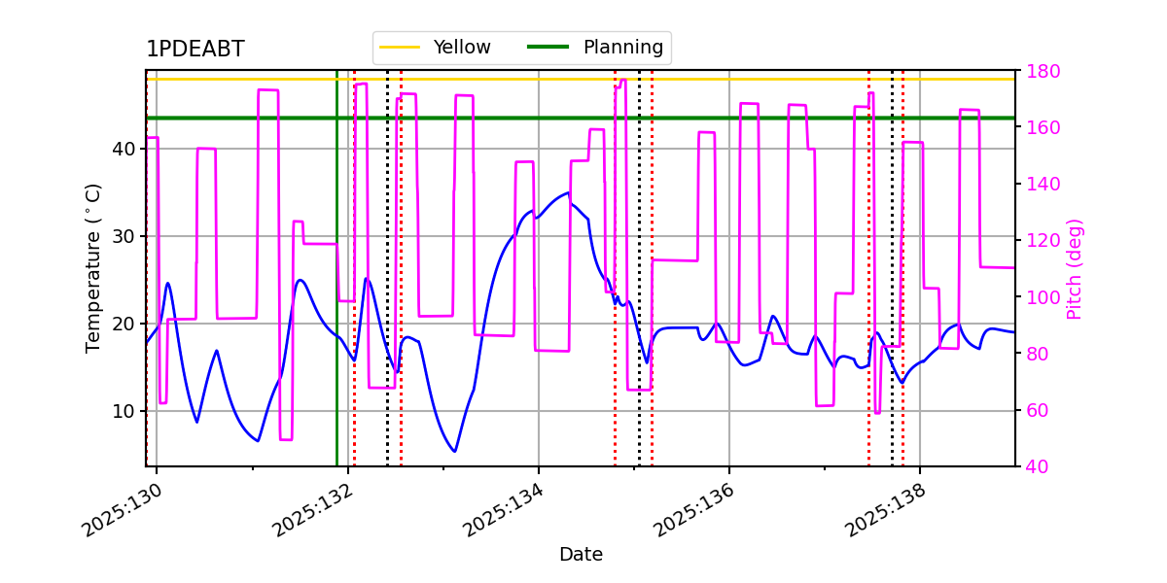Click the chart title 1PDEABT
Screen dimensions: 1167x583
195,49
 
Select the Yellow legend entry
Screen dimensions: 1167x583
435,47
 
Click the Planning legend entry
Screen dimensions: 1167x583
595,47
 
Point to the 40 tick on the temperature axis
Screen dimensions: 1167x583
124,149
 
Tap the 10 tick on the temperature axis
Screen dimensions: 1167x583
124,411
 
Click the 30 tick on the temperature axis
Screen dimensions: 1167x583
124,236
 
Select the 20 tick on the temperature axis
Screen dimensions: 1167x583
124,324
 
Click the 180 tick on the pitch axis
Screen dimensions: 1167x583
1043,71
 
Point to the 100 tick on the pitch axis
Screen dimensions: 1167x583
1043,297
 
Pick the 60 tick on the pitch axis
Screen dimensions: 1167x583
1038,410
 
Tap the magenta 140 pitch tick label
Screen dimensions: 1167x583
1043,184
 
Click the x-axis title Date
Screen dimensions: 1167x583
581,555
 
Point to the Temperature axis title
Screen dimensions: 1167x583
92,268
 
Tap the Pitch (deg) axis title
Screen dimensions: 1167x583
1075,269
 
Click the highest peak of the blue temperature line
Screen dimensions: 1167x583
568,192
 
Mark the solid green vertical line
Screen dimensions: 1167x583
337,268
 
